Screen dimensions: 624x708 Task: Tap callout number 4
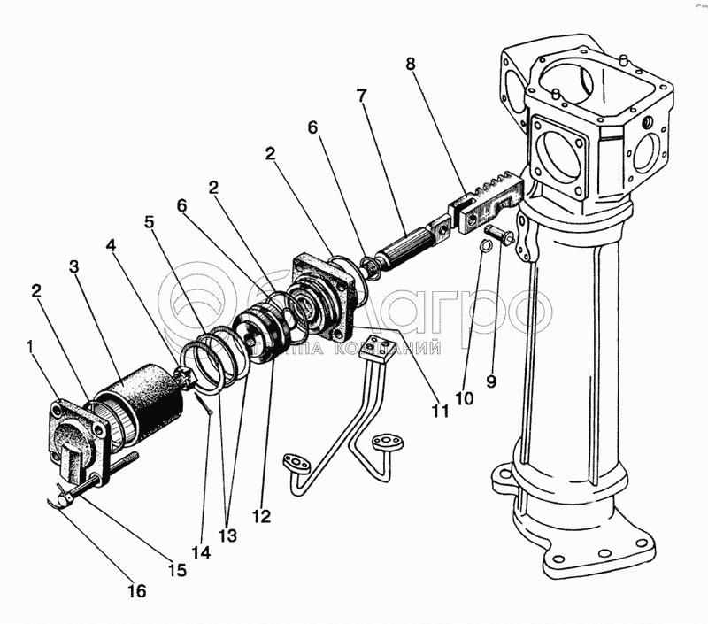tap(111, 243)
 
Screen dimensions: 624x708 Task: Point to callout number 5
tap(151, 222)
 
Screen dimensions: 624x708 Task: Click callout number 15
tap(178, 571)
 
